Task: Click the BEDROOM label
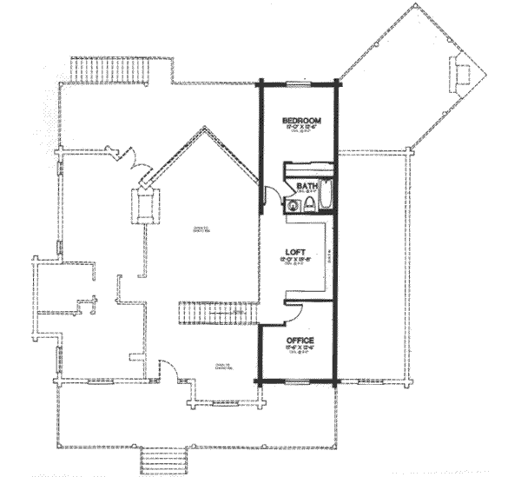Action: (x=302, y=120)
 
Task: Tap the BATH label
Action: (x=306, y=186)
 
